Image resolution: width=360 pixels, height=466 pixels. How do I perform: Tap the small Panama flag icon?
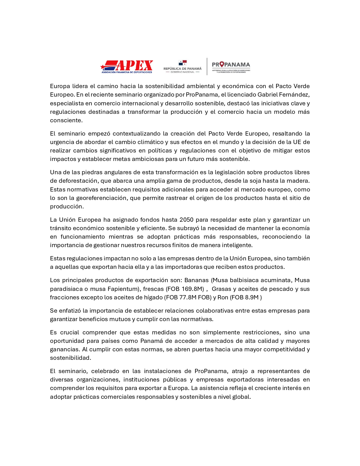[183, 63]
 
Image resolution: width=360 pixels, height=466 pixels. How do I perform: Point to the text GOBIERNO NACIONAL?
[182, 72]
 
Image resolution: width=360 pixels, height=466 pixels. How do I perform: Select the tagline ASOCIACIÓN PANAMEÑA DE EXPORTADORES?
[127, 72]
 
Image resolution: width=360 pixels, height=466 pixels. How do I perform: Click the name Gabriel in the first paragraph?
[268, 95]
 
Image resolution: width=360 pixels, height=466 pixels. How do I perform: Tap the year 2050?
[187, 220]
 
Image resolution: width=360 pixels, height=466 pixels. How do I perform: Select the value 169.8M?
[193, 289]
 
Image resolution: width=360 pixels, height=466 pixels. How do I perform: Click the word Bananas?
[196, 280]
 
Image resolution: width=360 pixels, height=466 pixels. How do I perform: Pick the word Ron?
[223, 297]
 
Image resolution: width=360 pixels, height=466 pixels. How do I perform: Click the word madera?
[300, 181]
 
